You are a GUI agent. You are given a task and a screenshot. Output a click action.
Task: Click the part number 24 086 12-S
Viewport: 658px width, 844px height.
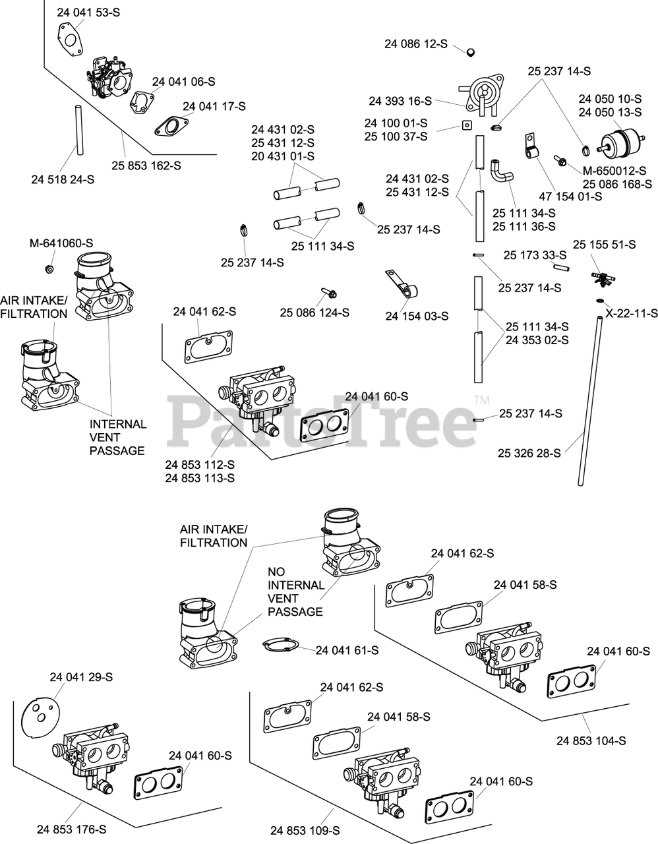415,44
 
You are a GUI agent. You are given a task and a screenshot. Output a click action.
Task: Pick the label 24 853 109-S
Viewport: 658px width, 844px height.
305,831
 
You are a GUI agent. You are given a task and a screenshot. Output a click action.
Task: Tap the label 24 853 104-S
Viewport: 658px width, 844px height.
591,740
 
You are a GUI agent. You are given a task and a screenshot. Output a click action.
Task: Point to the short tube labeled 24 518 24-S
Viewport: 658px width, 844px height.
78,129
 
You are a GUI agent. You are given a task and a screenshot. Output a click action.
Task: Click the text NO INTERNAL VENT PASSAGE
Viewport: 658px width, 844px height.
295,591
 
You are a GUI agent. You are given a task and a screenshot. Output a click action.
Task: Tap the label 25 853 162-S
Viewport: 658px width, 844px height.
146,166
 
